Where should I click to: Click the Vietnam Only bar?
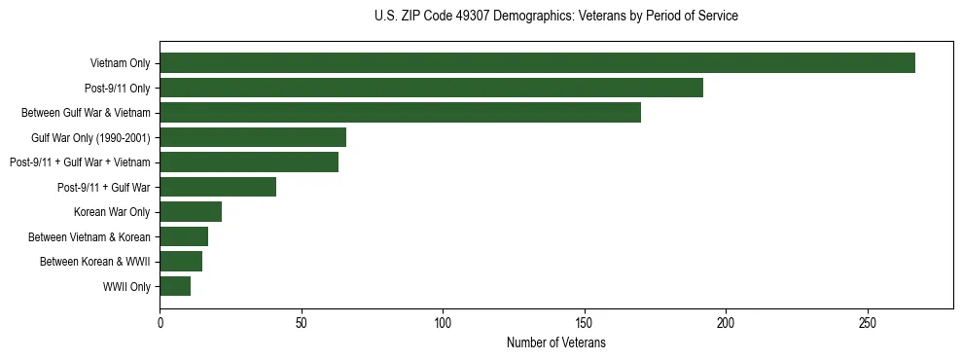[x=537, y=63]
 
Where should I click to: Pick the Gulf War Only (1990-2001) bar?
[x=253, y=137]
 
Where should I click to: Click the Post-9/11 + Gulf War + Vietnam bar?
[x=249, y=162]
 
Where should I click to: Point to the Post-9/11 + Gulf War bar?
[x=218, y=187]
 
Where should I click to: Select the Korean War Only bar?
[x=191, y=212]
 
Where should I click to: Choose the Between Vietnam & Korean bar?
[x=184, y=236]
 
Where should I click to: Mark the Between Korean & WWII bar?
[x=181, y=262]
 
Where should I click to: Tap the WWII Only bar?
[x=175, y=286]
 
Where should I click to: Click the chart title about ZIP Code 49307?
[x=555, y=17]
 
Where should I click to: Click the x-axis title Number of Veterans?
[x=555, y=342]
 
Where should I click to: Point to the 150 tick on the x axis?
[x=585, y=322]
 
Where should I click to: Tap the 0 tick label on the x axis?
[x=160, y=322]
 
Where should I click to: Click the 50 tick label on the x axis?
[x=302, y=322]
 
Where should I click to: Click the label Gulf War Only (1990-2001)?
[x=90, y=138]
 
